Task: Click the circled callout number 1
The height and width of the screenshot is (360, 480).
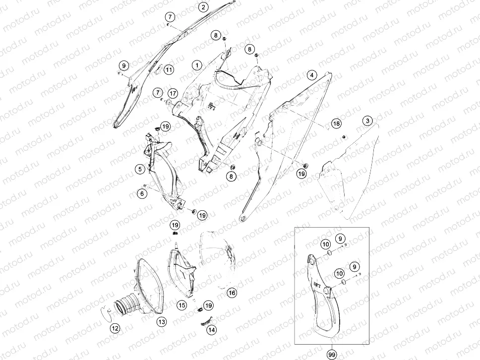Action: tap(197, 65)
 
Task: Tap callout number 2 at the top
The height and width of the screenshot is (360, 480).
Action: tap(203, 7)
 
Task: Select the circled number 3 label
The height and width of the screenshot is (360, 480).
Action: tap(367, 120)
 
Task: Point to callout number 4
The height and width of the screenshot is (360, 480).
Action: tap(311, 75)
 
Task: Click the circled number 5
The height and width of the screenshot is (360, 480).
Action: tap(140, 169)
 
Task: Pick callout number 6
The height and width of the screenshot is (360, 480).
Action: tap(142, 193)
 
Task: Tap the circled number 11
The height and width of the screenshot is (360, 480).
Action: tap(169, 70)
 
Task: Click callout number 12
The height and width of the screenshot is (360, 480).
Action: tap(115, 328)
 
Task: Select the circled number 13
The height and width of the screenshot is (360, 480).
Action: tap(162, 322)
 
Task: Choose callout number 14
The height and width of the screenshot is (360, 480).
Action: tap(212, 330)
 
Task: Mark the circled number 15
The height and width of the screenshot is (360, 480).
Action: tap(182, 305)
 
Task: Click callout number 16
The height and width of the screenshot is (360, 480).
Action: tap(232, 293)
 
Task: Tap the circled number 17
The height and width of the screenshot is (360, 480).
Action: tap(173, 93)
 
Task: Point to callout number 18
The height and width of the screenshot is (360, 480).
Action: tap(336, 123)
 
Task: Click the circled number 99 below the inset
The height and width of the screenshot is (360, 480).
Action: tap(332, 355)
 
